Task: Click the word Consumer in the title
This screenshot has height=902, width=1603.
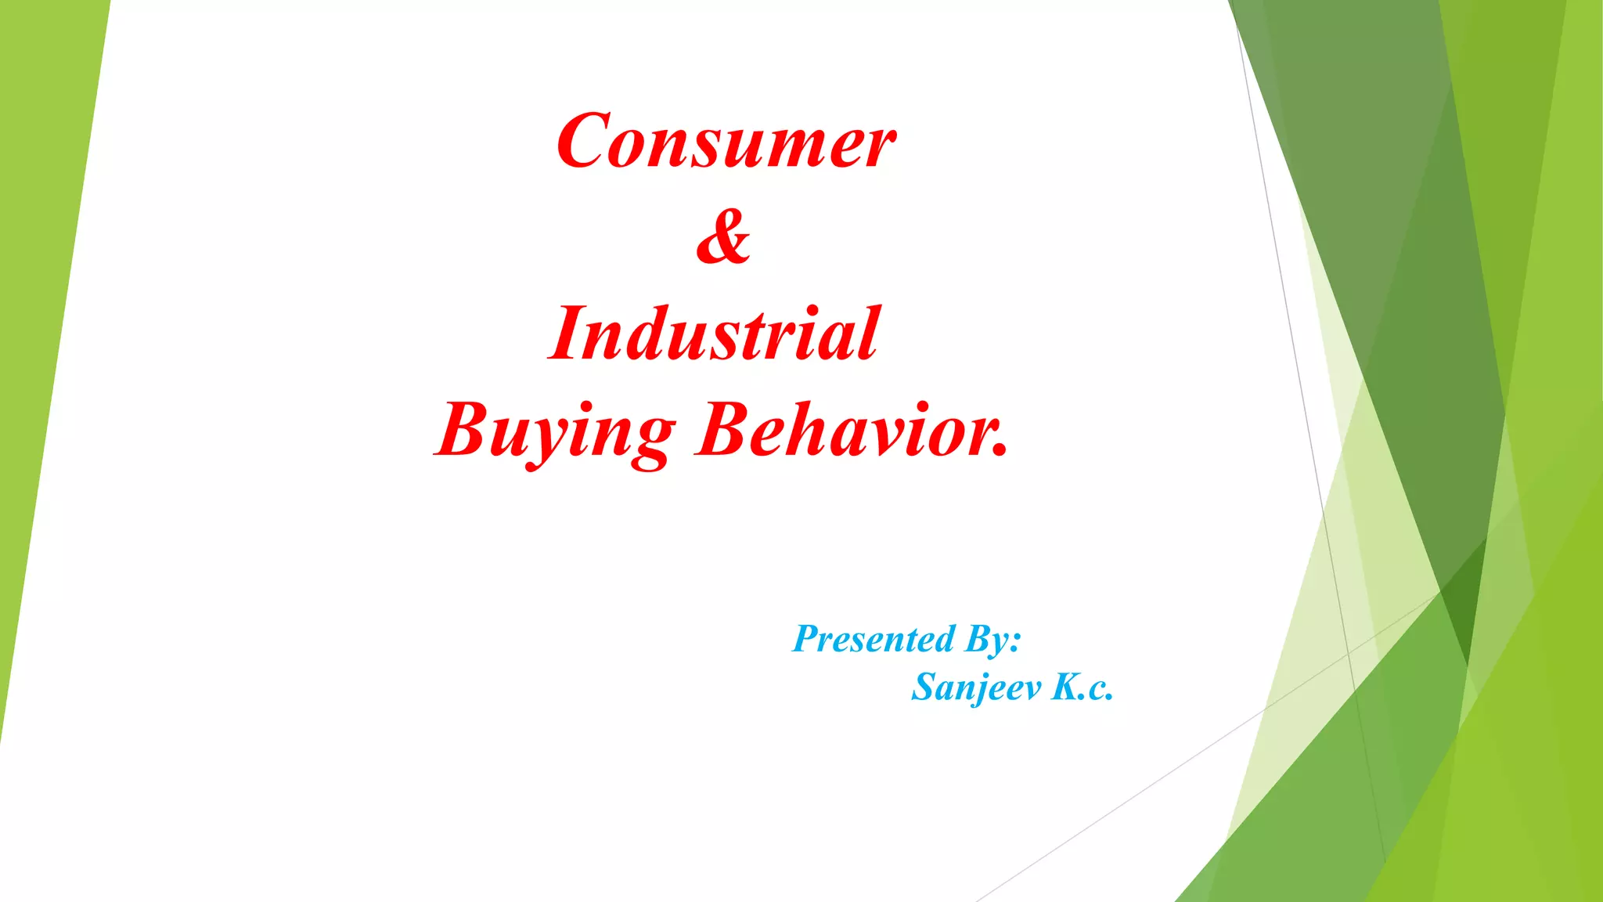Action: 726,141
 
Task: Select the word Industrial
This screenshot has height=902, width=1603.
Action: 714,334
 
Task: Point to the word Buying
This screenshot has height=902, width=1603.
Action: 556,431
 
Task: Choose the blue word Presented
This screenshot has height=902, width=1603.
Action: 874,639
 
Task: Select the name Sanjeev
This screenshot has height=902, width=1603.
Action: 977,687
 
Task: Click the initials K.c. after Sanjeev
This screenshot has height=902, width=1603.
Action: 1082,687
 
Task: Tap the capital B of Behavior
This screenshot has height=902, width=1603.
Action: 724,431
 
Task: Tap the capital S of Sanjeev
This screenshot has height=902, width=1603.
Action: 926,687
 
